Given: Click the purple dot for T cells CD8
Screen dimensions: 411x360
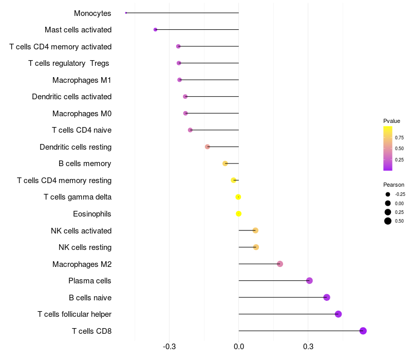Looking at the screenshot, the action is click(x=363, y=331).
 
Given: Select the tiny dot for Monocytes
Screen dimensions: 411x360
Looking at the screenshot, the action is click(x=126, y=13).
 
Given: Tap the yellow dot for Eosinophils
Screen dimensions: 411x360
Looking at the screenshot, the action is click(x=238, y=214).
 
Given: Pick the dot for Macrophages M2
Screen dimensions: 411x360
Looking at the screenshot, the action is click(x=280, y=264).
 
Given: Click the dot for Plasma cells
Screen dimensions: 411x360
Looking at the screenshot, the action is click(x=309, y=281).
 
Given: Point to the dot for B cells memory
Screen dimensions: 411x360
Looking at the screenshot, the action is click(x=225, y=164).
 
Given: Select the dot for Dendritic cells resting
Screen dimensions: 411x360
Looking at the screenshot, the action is click(x=208, y=147).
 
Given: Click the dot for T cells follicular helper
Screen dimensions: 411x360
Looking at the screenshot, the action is click(x=338, y=314).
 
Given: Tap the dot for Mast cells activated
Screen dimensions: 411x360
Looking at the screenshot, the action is click(x=156, y=30).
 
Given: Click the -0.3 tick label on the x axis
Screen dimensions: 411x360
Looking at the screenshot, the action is click(x=169, y=347).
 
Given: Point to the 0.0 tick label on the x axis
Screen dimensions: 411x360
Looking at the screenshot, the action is click(x=238, y=347).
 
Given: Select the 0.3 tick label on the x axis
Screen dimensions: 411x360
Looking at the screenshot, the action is click(x=308, y=347).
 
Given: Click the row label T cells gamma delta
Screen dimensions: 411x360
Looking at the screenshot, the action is click(x=78, y=197).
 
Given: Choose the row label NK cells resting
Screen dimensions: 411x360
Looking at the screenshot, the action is click(x=85, y=247).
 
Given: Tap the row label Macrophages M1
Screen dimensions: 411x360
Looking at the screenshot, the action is click(x=82, y=80).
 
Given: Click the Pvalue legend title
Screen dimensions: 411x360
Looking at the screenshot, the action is click(x=391, y=121).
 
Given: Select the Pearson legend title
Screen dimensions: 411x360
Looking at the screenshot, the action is click(x=394, y=185).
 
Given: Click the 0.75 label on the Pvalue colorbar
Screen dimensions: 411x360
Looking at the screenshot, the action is click(x=399, y=138).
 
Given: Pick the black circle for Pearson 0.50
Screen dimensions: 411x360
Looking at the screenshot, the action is click(x=388, y=221).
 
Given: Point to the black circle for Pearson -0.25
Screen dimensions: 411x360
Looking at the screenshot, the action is click(x=388, y=194).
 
